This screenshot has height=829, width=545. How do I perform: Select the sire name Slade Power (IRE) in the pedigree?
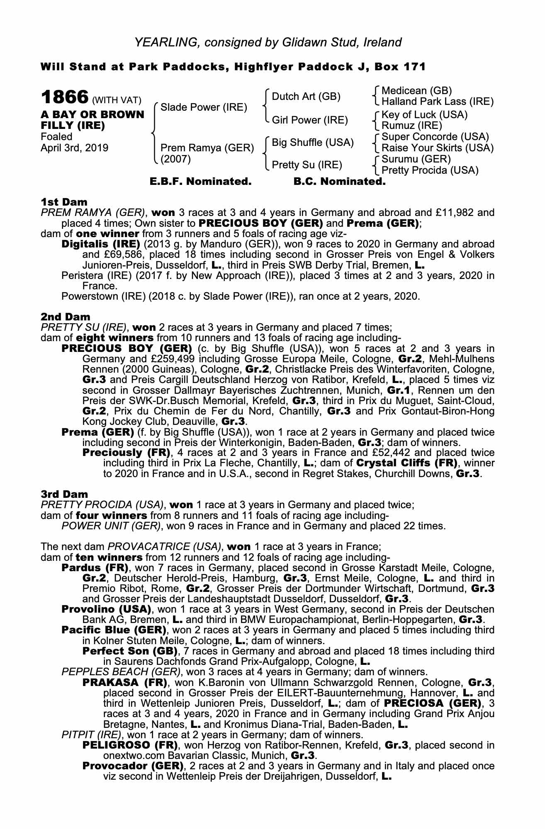tap(204, 108)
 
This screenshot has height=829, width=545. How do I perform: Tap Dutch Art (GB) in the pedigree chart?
tap(306, 97)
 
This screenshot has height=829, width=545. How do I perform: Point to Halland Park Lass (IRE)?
tap(437, 102)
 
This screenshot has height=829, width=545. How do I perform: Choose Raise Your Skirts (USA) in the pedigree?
tap(437, 148)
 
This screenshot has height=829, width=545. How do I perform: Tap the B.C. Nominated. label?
tap(339, 182)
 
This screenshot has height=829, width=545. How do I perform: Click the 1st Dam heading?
tap(64, 202)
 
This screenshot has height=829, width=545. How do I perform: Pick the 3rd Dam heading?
tap(64, 494)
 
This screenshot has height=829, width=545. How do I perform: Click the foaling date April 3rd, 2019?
tap(74, 148)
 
